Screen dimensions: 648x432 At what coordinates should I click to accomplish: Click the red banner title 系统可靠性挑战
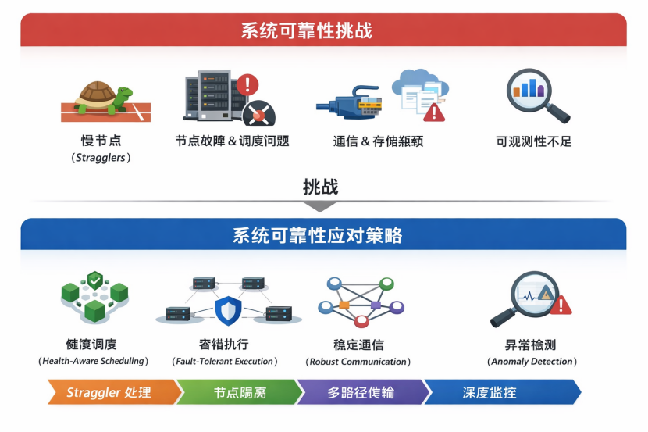pyautogui.click(x=306, y=30)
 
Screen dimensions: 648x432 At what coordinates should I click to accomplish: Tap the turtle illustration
pyautogui.click(x=101, y=99)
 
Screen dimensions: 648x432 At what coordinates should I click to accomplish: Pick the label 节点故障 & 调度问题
pyautogui.click(x=233, y=141)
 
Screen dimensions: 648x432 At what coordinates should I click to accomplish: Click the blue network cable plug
pyautogui.click(x=348, y=105)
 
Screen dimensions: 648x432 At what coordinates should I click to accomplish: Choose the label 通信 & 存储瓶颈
pyautogui.click(x=378, y=141)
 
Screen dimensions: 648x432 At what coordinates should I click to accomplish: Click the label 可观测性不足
pyautogui.click(x=534, y=141)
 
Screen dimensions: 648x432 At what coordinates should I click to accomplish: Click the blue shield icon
pyautogui.click(x=229, y=311)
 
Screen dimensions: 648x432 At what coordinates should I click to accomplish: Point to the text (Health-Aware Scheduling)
pyautogui.click(x=93, y=361)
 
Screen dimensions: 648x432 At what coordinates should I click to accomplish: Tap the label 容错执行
pyautogui.click(x=224, y=345)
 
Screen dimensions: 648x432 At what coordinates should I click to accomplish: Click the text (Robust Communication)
pyautogui.click(x=358, y=362)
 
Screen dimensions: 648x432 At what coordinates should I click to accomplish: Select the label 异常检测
pyautogui.click(x=531, y=345)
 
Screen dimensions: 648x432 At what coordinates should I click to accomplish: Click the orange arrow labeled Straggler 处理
pyautogui.click(x=109, y=391)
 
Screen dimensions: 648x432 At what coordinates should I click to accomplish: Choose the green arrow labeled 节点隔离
pyautogui.click(x=239, y=391)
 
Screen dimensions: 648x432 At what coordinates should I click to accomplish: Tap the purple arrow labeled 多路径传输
pyautogui.click(x=361, y=391)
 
